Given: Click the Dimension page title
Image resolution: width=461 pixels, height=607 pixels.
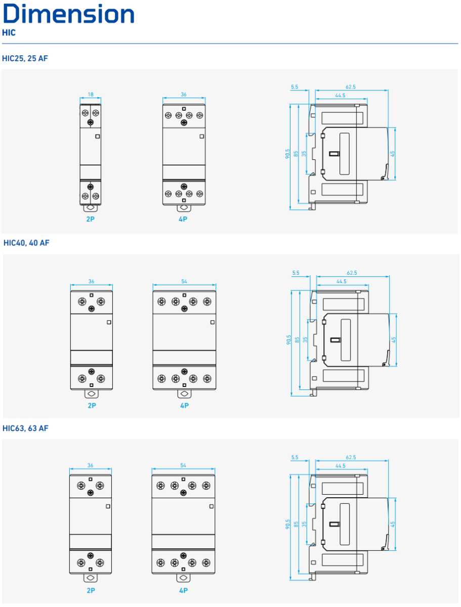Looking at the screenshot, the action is tap(69, 14).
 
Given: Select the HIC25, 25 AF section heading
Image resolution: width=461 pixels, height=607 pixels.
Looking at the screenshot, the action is tap(25, 58).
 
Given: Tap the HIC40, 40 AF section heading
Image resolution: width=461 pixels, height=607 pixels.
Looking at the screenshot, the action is tap(26, 243).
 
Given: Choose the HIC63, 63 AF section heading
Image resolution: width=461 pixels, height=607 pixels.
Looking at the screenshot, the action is tap(25, 428).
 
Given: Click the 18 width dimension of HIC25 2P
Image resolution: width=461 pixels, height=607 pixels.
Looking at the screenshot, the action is tap(91, 94).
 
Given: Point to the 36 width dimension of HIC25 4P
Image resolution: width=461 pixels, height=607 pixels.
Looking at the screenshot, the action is tap(184, 94).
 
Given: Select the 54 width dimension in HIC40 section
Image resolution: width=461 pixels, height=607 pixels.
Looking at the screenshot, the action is tap(184, 281).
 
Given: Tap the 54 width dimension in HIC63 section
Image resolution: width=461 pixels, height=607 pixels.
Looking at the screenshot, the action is tap(183, 465).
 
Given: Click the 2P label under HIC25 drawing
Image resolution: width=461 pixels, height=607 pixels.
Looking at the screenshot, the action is tap(91, 219).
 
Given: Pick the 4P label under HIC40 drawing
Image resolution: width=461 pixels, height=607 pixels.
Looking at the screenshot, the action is tap(185, 406).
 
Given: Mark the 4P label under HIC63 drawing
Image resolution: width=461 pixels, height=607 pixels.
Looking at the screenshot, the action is tap(183, 590).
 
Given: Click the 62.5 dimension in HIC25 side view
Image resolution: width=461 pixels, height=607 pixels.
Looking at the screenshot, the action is tap(351, 87).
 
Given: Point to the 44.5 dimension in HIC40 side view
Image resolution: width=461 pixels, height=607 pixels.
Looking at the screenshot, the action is tap(341, 281).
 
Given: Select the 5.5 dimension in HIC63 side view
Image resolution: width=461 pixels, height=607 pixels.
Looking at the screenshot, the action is tap(295, 457).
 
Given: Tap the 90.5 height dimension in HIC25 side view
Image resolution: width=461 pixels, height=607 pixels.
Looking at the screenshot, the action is tap(287, 154).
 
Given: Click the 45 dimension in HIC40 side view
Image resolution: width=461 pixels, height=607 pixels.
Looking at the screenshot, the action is tap(394, 340).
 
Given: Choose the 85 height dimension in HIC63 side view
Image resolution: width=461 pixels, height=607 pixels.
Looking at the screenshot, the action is tap(296, 524).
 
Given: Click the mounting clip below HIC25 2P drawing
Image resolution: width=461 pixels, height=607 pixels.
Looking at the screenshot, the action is tap(91, 208).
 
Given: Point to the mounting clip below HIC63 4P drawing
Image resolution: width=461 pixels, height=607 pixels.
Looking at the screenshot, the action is tap(183, 578).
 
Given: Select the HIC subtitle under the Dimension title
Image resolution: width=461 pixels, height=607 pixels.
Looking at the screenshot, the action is tap(9, 33).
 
